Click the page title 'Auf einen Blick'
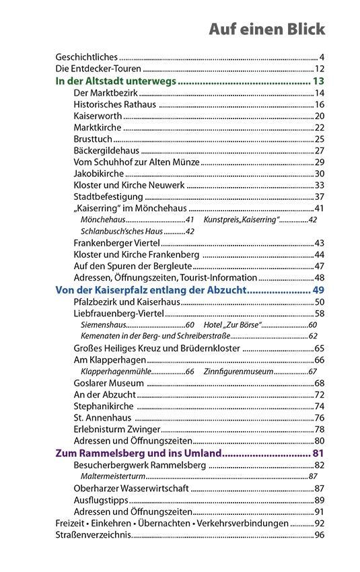point(266,29)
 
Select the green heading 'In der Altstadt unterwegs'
point(115,81)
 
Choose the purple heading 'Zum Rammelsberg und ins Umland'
point(137,453)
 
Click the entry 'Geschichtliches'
point(86,57)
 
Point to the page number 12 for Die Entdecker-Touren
point(320,69)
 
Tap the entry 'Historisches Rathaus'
point(114,104)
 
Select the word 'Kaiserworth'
point(98,116)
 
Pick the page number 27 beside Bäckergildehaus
point(320,150)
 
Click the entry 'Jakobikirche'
point(98,174)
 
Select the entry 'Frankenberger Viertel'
point(116,243)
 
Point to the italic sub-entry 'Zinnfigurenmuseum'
point(238,371)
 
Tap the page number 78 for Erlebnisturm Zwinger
point(320,429)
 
